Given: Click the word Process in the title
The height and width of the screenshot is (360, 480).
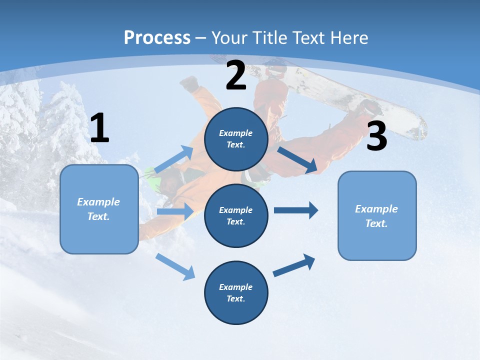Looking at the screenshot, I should [x=157, y=38].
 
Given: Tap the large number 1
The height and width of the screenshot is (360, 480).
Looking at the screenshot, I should [x=99, y=128].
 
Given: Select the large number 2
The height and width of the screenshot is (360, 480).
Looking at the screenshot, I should [x=236, y=76].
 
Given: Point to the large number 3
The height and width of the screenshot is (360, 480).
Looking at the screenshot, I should [x=376, y=136].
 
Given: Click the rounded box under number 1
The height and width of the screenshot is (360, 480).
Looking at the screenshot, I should [x=99, y=209].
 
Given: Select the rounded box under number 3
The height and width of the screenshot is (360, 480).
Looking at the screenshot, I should [x=377, y=215].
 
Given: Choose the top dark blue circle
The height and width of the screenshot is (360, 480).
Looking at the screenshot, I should [x=236, y=139].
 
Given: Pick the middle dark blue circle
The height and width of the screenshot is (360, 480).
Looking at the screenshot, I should [x=236, y=215].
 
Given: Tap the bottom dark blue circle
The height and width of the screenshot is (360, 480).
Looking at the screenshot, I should [x=236, y=292].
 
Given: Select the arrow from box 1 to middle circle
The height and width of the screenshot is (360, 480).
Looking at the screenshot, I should [x=175, y=211].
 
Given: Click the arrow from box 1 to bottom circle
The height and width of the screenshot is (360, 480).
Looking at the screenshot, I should [x=175, y=266].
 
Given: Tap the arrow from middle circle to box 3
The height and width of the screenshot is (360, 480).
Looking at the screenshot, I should [x=296, y=210].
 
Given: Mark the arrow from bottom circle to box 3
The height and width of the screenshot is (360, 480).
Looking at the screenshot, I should [x=294, y=265].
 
